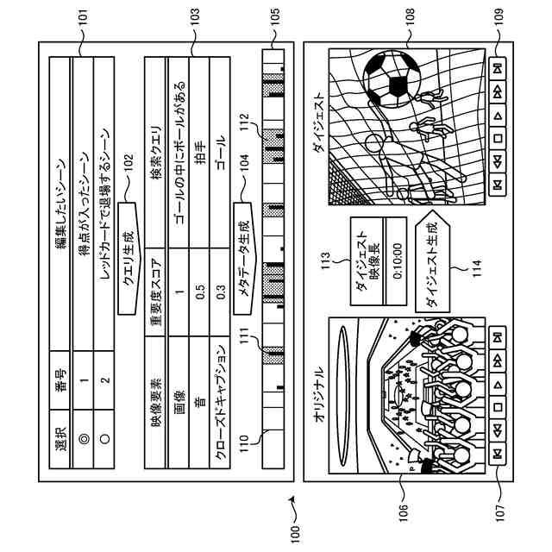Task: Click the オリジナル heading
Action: [317, 392]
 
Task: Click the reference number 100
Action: [297, 530]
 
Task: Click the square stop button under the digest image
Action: [499, 138]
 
